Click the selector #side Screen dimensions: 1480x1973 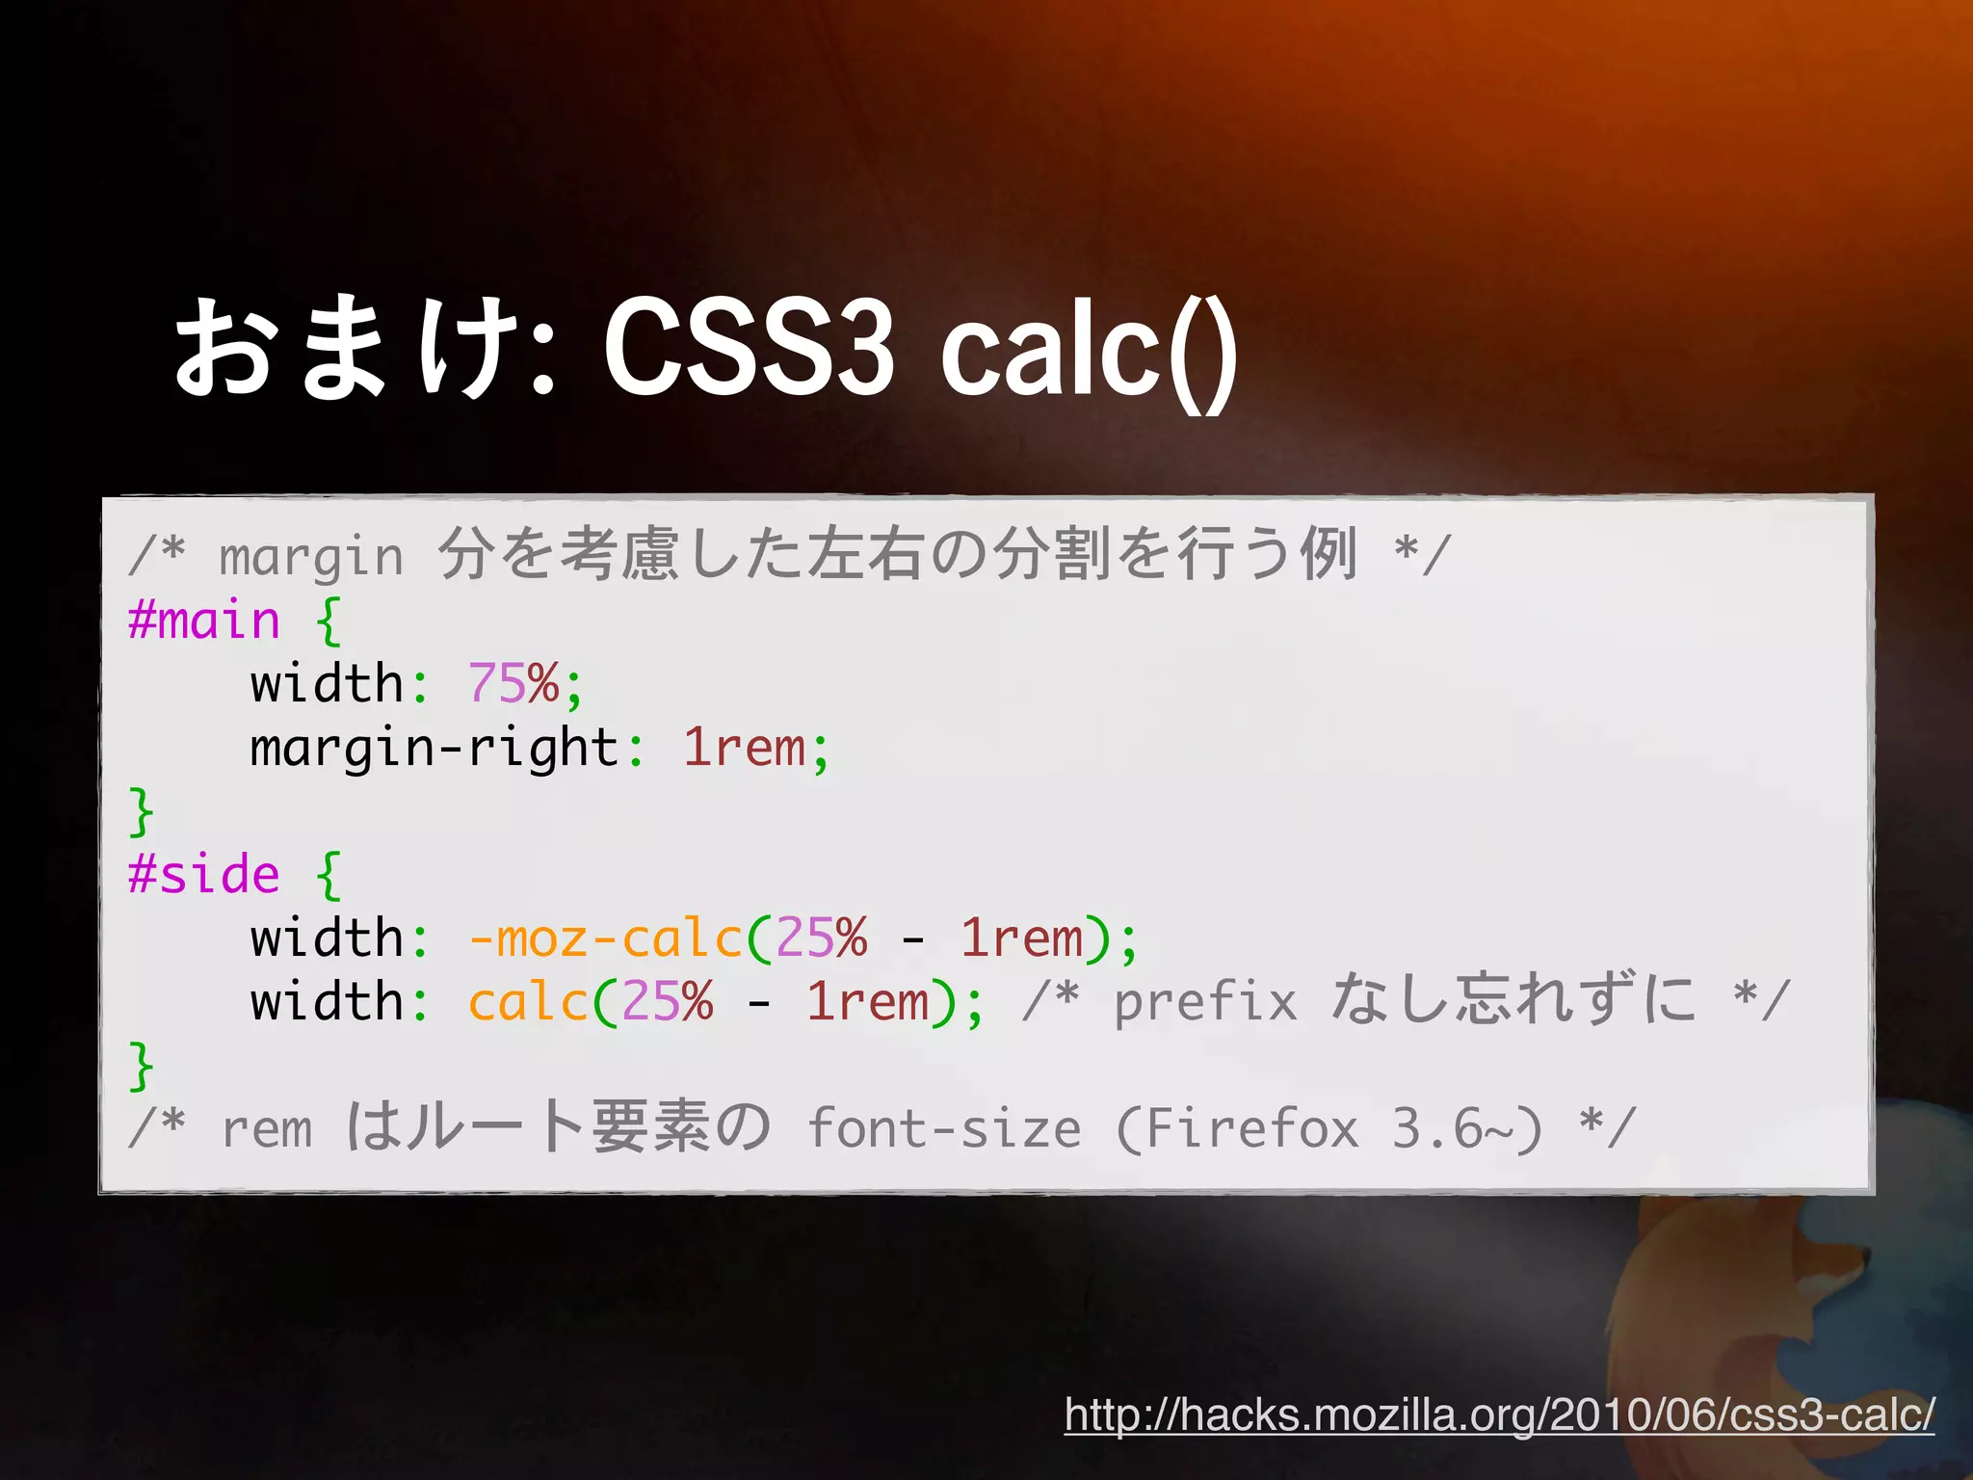coord(204,875)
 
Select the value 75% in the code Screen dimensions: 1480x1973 coord(513,684)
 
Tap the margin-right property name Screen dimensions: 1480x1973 coord(434,748)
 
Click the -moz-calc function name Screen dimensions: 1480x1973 coord(605,938)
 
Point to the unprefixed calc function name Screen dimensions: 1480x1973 coord(528,1002)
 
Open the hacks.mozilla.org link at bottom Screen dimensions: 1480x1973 coord(1499,1414)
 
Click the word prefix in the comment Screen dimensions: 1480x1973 coord(1205,1002)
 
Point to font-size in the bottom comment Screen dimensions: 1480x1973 coord(944,1128)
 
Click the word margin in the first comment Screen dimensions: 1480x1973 coord(310,558)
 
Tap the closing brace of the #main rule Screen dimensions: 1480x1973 coord(141,811)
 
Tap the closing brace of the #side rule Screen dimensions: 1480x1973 coord(141,1066)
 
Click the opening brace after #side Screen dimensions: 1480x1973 coord(329,875)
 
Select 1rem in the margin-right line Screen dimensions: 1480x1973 coord(744,748)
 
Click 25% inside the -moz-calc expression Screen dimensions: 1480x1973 coord(821,938)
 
